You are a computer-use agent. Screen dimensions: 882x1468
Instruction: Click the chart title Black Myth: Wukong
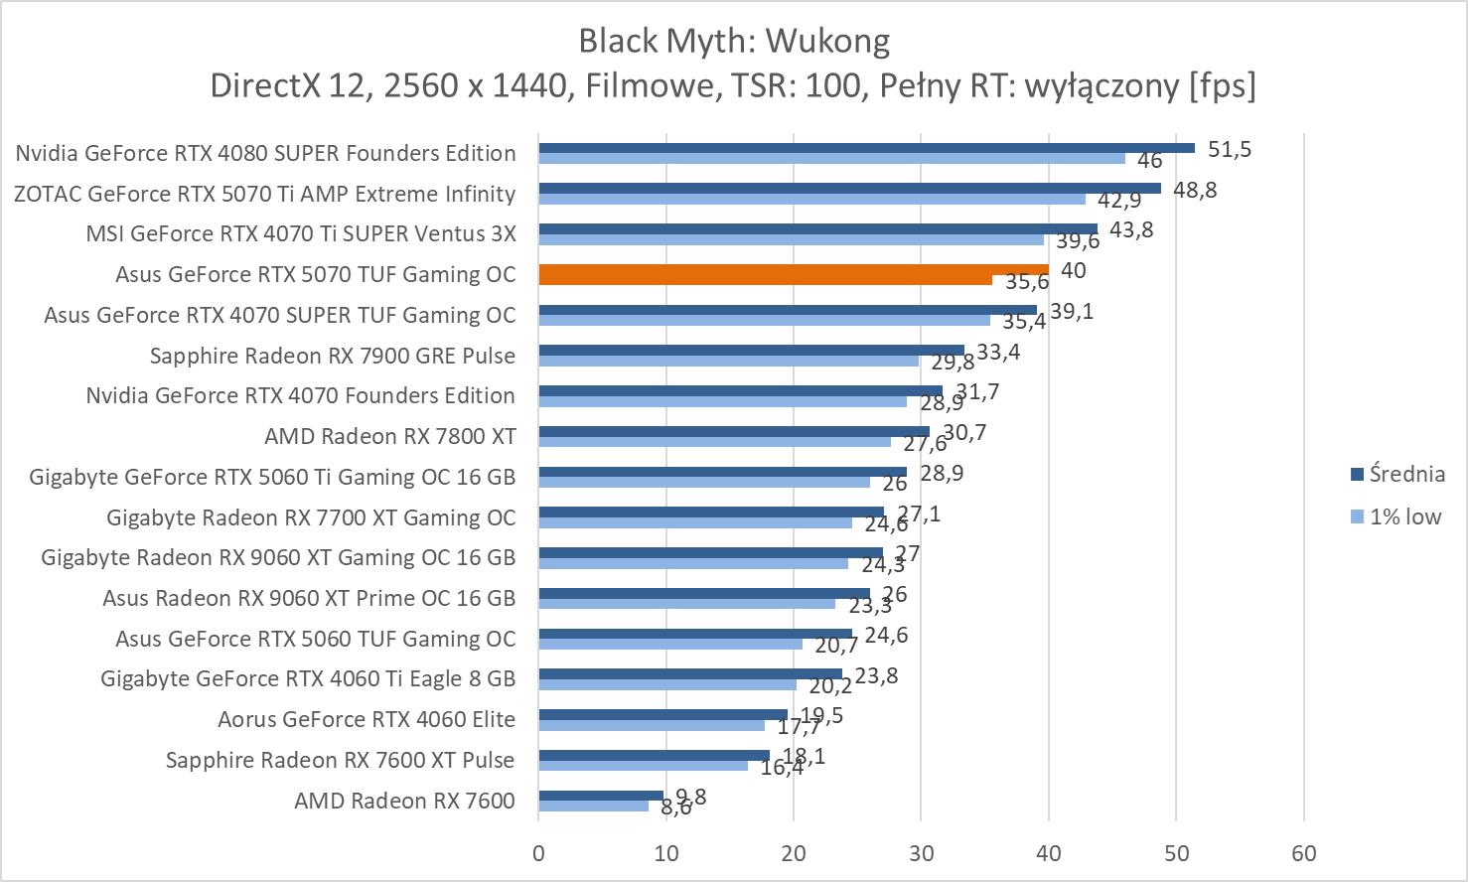[x=733, y=41]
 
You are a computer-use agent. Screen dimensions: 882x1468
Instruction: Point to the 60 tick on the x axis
[x=1303, y=853]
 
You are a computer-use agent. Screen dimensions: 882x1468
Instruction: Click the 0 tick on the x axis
[x=538, y=853]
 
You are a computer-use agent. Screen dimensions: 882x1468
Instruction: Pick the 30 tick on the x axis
[x=921, y=853]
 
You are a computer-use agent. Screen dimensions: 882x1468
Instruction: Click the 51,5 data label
[x=1230, y=150]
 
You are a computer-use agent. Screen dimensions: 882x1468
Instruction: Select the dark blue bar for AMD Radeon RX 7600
[x=601, y=795]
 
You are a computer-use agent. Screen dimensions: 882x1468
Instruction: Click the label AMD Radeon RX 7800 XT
[x=390, y=436]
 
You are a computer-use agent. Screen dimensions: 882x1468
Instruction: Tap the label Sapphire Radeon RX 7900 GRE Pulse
[x=333, y=356]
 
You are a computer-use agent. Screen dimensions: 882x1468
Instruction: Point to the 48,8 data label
[x=1195, y=190]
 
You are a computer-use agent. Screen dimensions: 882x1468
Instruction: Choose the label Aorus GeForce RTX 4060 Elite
[x=367, y=719]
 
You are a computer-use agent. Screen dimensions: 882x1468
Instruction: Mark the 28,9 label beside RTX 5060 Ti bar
[x=942, y=473]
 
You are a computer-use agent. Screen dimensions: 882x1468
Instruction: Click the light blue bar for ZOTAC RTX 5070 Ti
[x=811, y=199]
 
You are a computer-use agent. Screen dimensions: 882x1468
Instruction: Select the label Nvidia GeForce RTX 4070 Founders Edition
[x=301, y=395]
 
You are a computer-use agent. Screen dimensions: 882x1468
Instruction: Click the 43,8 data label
[x=1131, y=230]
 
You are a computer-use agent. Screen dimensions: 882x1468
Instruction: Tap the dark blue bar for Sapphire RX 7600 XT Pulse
[x=654, y=755]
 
